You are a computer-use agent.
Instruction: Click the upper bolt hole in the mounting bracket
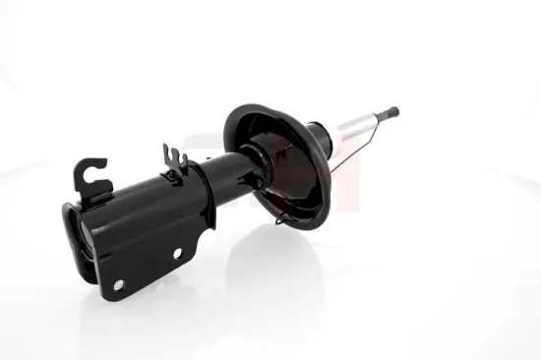point(178,253)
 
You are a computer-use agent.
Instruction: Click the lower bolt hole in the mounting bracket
point(118,284)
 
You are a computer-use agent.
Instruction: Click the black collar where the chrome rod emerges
point(319,137)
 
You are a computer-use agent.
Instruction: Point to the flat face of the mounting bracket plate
point(148,246)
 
